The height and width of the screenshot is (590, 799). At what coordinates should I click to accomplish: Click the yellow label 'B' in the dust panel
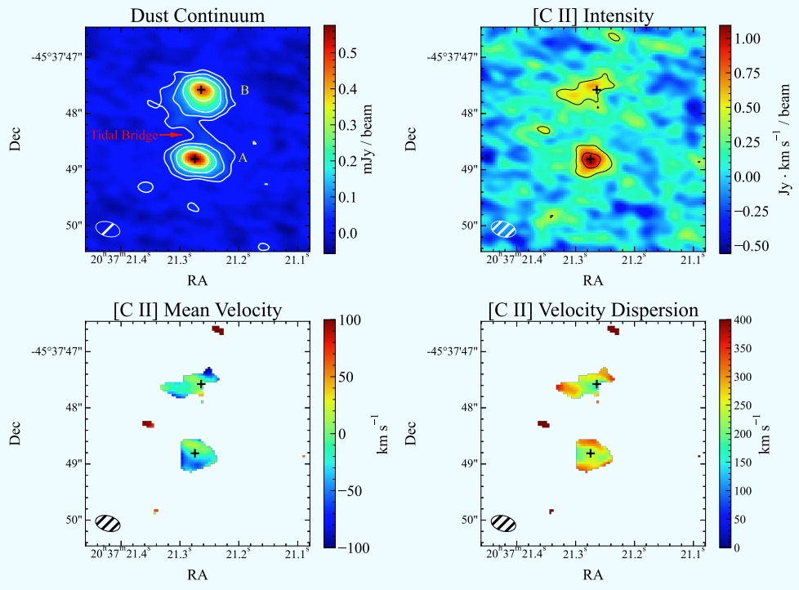point(244,90)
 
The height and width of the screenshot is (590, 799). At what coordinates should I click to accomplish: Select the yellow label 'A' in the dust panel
point(243,159)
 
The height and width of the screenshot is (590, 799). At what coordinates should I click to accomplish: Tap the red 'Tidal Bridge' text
point(124,136)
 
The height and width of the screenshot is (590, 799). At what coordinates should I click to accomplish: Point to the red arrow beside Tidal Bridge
point(172,135)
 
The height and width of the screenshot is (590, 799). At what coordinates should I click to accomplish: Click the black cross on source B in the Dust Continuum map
point(201,89)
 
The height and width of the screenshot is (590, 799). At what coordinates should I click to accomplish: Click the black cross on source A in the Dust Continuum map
point(194,159)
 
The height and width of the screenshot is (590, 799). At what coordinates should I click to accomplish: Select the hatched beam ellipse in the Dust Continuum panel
point(108,229)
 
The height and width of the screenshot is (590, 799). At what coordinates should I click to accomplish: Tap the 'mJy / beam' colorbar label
point(368,140)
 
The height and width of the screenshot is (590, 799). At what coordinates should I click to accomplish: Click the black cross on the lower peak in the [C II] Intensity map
point(590,159)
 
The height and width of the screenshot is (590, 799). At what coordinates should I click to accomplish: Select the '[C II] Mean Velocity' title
point(197,310)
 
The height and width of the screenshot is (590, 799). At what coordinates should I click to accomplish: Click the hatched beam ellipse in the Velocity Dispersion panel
point(503,523)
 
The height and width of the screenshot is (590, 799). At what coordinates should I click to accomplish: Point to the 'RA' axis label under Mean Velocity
point(198,574)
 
